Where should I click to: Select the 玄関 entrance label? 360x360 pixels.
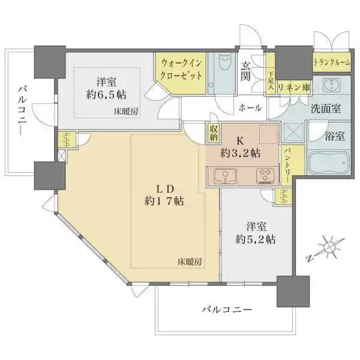(247, 72)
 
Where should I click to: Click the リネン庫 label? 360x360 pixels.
(293, 87)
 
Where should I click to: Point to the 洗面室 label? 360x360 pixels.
(326, 109)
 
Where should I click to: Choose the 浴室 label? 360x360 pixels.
(335, 136)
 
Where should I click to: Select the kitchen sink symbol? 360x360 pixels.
(225, 176)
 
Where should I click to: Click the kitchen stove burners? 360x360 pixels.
(265, 176)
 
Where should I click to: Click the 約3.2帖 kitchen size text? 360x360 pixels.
(239, 153)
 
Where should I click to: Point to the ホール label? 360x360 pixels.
(250, 108)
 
